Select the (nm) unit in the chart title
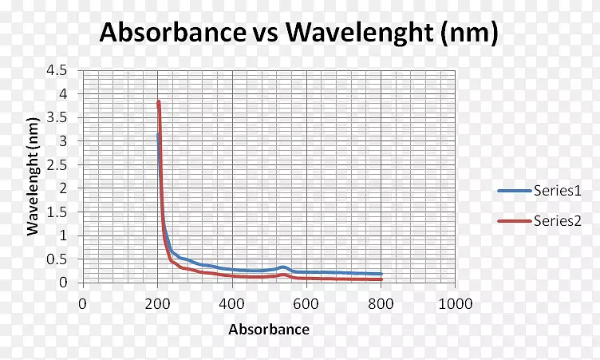pyautogui.click(x=472, y=33)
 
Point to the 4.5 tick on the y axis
pyautogui.click(x=57, y=70)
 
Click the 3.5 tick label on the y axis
pyautogui.click(x=57, y=117)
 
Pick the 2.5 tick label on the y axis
pyautogui.click(x=57, y=164)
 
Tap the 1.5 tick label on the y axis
pyautogui.click(x=57, y=212)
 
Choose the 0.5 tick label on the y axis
pyautogui.click(x=57, y=259)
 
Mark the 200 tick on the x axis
pyautogui.click(x=157, y=303)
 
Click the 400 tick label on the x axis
pyautogui.click(x=231, y=303)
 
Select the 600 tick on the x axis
pyautogui.click(x=306, y=303)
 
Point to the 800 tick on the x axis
pyautogui.click(x=381, y=303)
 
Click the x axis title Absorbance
pyautogui.click(x=268, y=329)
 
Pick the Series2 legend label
pyautogui.click(x=557, y=222)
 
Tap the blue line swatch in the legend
pyautogui.click(x=514, y=190)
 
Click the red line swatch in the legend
pyautogui.click(x=514, y=222)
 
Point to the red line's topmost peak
pyautogui.click(x=158, y=101)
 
